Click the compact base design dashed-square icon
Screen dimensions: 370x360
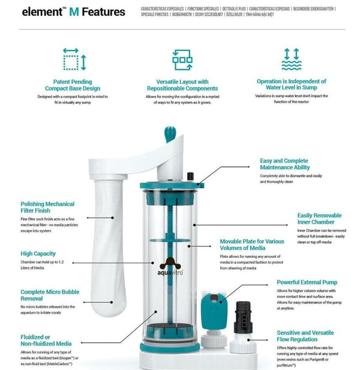pyautogui.click(x=74, y=60)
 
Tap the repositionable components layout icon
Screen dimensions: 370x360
pyautogui.click(x=182, y=60)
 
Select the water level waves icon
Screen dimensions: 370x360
pyautogui.click(x=291, y=60)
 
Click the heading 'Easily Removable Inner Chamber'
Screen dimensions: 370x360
pyautogui.click(x=319, y=219)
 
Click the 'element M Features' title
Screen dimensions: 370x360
pyautogui.click(x=73, y=12)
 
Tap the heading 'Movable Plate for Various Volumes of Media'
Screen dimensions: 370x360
pyautogui.click(x=252, y=245)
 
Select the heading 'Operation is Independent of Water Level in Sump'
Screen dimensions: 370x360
pyautogui.click(x=291, y=85)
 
